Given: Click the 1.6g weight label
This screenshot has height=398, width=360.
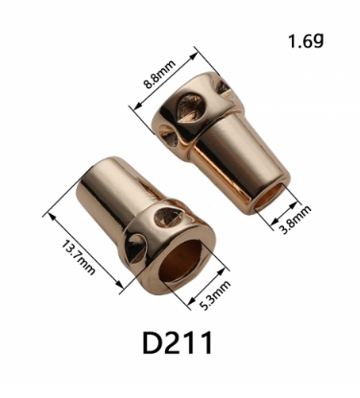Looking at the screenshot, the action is tap(306, 40).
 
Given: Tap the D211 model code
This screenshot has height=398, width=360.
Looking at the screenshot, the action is tap(178, 343).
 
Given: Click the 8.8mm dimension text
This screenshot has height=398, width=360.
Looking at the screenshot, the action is tap(159, 74).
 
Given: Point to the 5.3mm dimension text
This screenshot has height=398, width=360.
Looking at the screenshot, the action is tap(215, 295).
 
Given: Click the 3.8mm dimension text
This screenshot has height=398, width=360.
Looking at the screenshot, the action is tap(295, 220).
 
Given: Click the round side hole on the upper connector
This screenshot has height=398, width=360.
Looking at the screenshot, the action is tap(167, 134).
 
